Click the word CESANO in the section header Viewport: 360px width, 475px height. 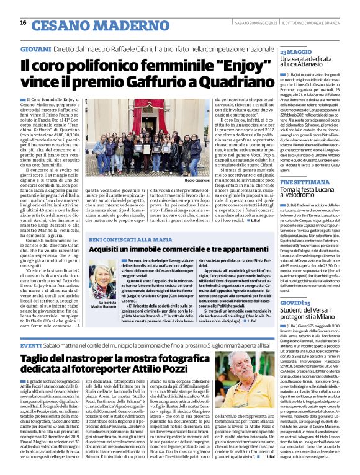58,24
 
